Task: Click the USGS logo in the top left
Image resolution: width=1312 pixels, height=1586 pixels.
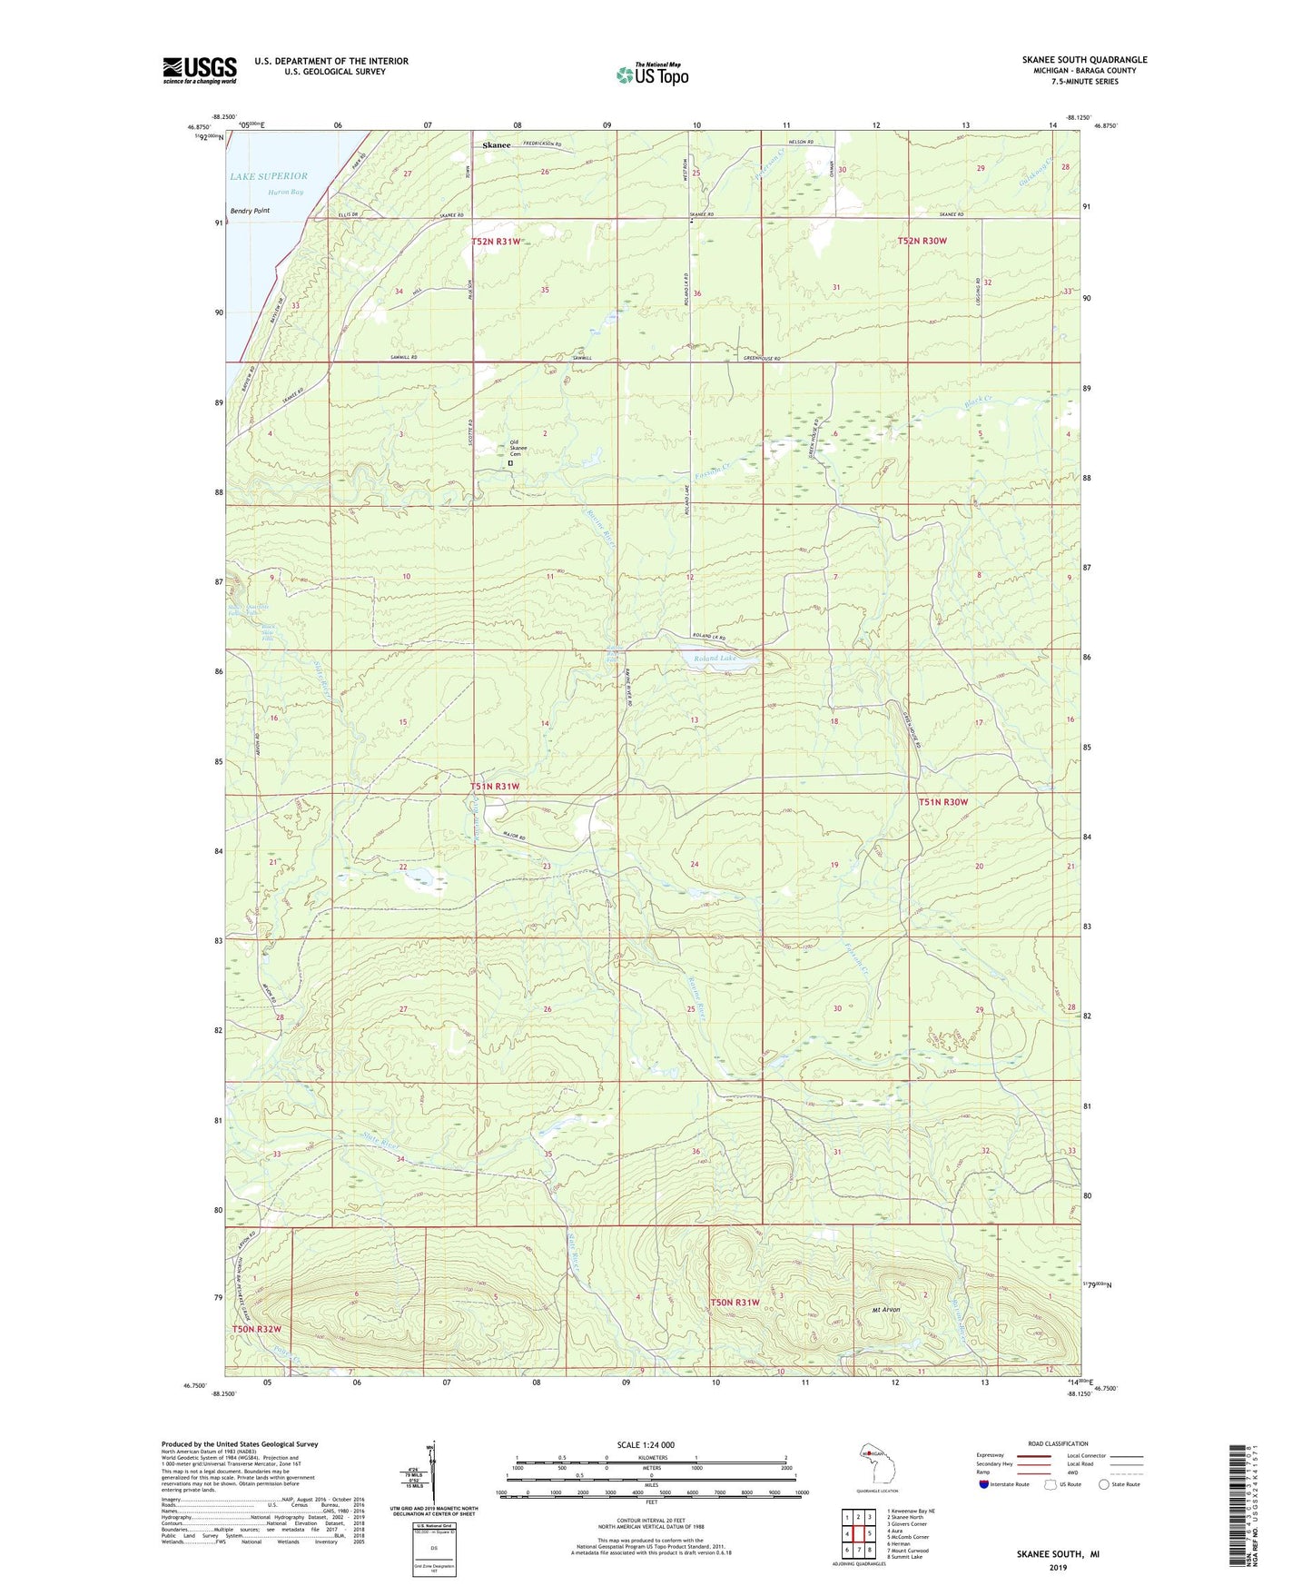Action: point(200,69)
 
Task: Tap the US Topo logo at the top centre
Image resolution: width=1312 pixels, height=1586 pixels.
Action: point(652,74)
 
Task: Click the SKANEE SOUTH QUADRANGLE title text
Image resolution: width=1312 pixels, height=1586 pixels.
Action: point(1084,60)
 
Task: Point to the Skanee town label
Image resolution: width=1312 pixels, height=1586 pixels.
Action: point(497,145)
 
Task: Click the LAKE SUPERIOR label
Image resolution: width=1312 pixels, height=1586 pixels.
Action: point(268,176)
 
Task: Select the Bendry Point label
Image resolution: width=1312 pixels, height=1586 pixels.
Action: point(250,211)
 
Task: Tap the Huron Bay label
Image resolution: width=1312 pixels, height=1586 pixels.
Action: point(285,193)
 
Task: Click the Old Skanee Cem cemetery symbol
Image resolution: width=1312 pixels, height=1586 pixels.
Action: point(510,462)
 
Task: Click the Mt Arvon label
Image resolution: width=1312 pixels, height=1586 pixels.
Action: point(885,1310)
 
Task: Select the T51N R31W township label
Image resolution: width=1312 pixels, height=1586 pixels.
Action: point(495,786)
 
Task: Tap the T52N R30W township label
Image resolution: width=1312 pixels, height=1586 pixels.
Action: point(922,241)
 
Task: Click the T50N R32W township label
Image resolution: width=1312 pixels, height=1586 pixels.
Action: point(256,1329)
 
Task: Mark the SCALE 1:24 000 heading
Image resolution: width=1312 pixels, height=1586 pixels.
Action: point(646,1444)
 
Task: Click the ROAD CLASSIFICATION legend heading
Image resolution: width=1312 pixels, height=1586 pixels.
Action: point(1058,1443)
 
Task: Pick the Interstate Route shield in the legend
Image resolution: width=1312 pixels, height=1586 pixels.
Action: point(984,1484)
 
